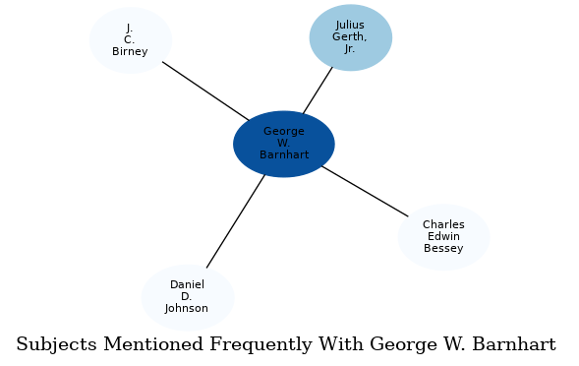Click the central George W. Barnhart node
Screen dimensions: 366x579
click(284, 144)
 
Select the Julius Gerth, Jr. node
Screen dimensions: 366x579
click(350, 37)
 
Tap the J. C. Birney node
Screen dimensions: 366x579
click(130, 40)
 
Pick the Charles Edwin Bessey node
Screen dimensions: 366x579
click(443, 237)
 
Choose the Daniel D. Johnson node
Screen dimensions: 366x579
click(187, 297)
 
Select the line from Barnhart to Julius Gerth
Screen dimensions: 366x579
click(318, 91)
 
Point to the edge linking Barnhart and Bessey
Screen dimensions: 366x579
click(364, 191)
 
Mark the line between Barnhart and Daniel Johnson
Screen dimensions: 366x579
click(236, 220)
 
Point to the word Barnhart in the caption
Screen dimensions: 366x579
click(514, 345)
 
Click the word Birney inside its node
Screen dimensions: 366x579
click(130, 52)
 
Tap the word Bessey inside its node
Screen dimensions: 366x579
click(443, 249)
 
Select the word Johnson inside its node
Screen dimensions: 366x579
click(187, 309)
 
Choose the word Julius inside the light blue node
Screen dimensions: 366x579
click(350, 25)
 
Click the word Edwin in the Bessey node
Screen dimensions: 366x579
click(443, 237)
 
